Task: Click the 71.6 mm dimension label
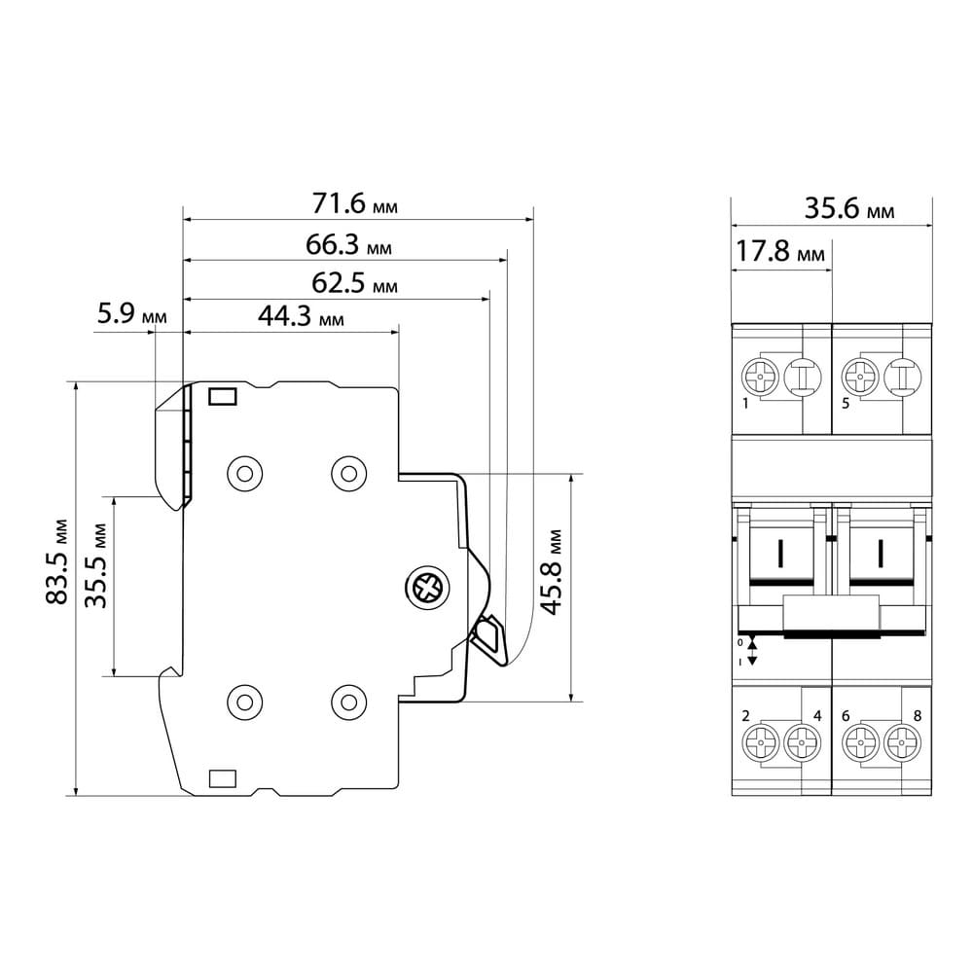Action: tap(354, 203)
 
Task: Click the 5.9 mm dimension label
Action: tap(132, 313)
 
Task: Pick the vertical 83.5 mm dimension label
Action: tap(56, 561)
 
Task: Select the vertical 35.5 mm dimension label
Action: tap(96, 566)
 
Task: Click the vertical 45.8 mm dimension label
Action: tap(551, 572)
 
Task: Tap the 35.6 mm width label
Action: tap(849, 208)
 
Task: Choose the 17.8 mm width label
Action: tap(780, 251)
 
